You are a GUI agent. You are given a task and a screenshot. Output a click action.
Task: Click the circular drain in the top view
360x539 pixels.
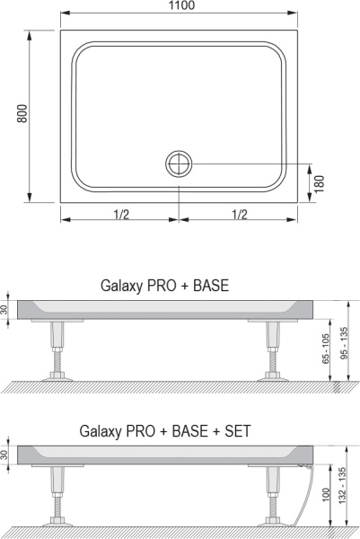pos(179,163)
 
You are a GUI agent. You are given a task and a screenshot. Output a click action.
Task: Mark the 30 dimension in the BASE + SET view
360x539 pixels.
pos(7,454)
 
